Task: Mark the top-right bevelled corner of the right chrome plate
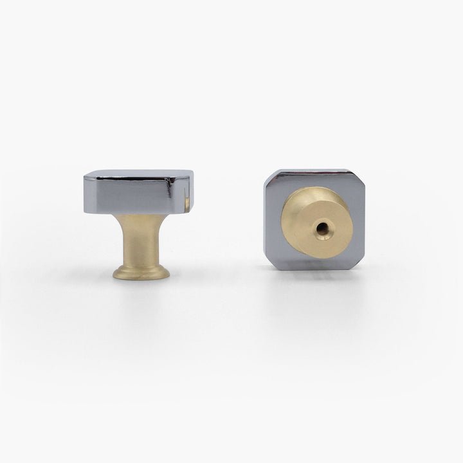pos(359,176)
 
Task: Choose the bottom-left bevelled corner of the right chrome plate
pos(269,262)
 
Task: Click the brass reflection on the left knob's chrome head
pos(188,203)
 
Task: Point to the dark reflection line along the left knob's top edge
pos(135,179)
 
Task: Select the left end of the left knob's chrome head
pos(87,193)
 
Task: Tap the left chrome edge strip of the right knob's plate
pos(270,219)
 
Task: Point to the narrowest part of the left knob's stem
pos(140,235)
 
